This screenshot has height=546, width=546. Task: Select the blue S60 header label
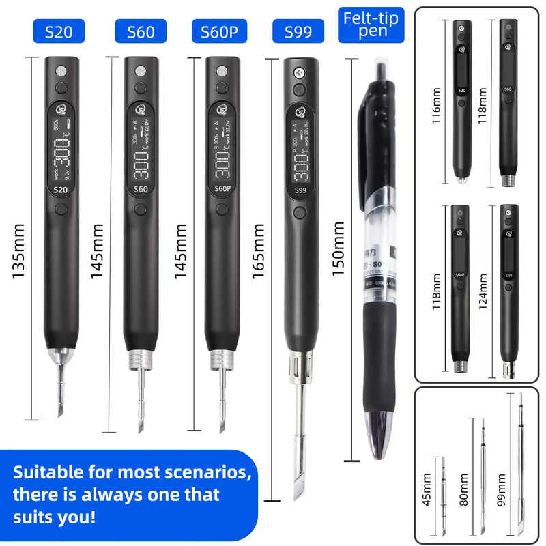(141, 31)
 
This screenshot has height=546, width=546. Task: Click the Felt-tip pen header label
(371, 24)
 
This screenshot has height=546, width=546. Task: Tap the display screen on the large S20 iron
(61, 150)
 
